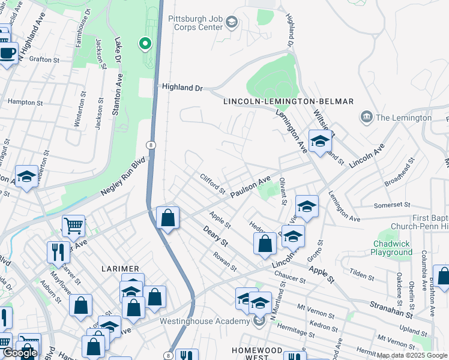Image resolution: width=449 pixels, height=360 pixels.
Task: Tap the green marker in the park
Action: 145,43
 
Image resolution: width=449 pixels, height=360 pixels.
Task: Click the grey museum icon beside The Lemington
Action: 366,117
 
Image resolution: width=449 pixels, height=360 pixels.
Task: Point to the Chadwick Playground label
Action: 393,248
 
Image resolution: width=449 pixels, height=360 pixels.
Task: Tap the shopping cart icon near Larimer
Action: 73,226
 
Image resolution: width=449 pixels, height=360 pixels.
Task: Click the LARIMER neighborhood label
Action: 120,268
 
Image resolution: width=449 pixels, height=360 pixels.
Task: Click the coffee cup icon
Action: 7,52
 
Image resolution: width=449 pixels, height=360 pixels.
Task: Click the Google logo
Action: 20,353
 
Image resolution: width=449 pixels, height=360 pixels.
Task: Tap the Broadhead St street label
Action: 400,170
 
